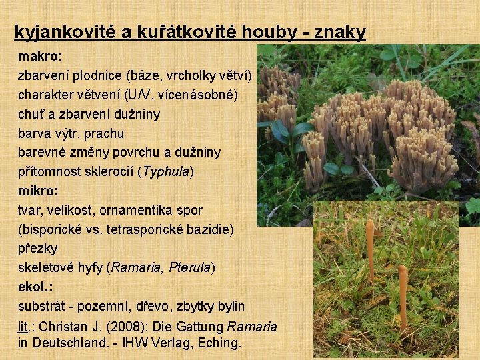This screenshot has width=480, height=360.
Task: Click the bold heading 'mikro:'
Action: tap(38, 191)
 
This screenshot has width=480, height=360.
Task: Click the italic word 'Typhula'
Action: tap(166, 171)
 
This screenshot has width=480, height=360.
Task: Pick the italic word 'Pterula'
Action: tap(190, 267)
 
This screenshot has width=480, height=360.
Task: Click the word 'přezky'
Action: tap(38, 248)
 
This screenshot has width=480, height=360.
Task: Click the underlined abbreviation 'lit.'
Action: tap(27, 327)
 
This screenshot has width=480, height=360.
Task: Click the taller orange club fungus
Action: tap(369, 250)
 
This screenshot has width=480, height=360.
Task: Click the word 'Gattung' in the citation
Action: tap(199, 327)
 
